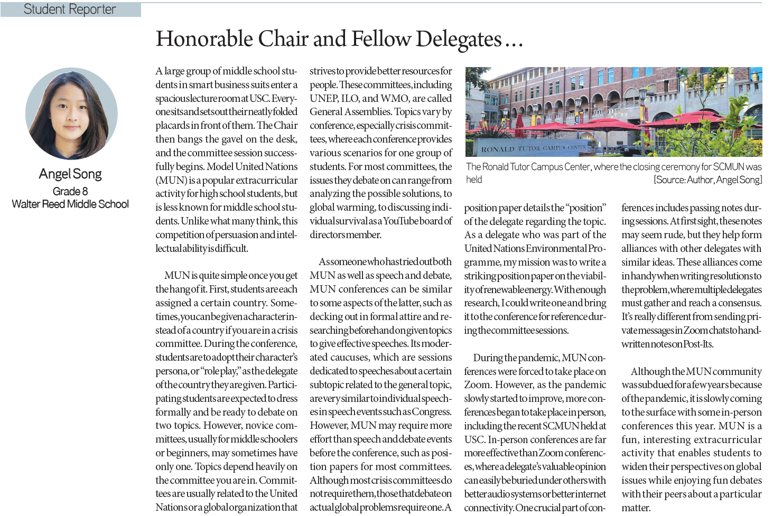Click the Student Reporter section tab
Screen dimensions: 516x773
(70, 10)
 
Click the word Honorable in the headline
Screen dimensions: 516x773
(204, 39)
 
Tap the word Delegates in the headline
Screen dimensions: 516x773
(459, 39)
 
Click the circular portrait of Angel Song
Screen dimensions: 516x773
(71, 114)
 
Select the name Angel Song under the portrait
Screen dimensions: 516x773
(70, 174)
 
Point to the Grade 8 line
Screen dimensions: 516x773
(70, 191)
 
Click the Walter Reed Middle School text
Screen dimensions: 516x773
(70, 204)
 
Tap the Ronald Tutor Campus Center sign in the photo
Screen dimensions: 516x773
(533, 148)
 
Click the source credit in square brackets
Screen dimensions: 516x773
(707, 180)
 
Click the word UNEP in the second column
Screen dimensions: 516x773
(324, 98)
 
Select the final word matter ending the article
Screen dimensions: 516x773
(636, 508)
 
